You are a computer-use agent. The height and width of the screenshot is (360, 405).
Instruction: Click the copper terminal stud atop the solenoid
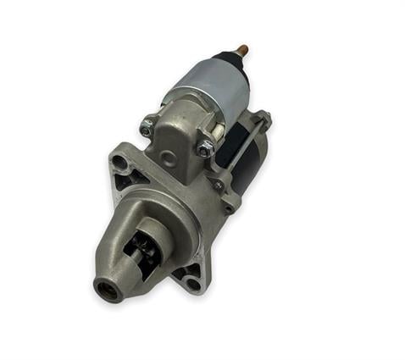[x=243, y=50]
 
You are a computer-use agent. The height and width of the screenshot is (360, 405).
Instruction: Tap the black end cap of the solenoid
[x=231, y=61]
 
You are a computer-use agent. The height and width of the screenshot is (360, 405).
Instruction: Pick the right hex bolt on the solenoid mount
[x=205, y=149]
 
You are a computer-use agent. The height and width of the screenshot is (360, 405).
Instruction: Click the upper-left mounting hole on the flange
[x=119, y=160]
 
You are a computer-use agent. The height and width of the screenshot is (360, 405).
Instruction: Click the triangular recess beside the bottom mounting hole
[x=181, y=271]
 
